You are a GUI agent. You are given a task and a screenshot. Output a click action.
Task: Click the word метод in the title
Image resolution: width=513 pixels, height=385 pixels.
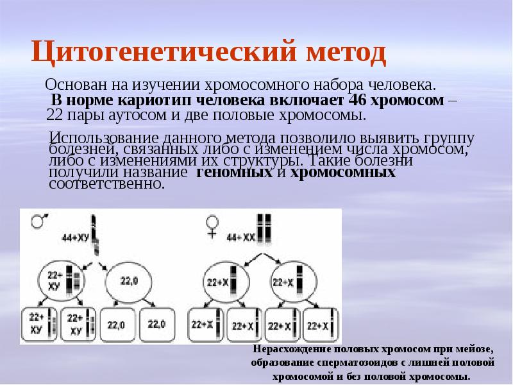click(341, 53)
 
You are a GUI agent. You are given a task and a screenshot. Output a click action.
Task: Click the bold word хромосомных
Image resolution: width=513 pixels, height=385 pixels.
click(342, 173)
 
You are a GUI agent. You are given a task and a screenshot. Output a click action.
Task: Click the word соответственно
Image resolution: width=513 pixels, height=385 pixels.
click(107, 184)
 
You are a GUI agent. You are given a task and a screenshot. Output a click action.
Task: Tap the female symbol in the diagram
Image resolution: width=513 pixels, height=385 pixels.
click(211, 225)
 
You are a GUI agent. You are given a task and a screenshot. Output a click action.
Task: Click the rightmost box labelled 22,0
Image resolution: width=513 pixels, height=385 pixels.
click(157, 323)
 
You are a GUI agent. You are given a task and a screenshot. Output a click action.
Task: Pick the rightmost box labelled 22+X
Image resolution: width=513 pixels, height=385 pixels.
click(321, 326)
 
